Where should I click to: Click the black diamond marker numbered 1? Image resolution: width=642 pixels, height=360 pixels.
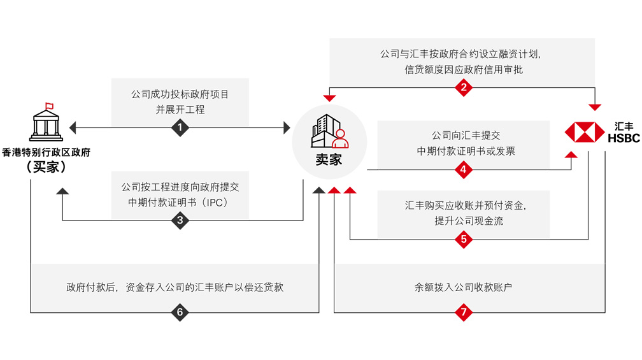(x=180, y=128)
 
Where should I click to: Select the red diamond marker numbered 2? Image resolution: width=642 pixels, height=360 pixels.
(x=464, y=87)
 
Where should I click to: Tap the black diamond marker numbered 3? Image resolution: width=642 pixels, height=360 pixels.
(x=180, y=220)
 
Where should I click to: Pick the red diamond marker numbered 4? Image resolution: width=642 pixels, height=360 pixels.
(x=464, y=169)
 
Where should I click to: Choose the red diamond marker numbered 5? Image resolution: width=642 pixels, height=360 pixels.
(x=464, y=240)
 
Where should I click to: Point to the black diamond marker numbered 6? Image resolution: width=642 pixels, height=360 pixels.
(x=180, y=312)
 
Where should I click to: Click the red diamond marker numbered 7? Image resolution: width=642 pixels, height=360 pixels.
(x=464, y=312)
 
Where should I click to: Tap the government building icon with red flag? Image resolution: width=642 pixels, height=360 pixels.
(x=46, y=121)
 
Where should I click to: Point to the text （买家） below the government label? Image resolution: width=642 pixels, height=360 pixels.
(x=46, y=168)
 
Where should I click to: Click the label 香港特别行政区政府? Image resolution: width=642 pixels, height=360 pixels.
(x=46, y=152)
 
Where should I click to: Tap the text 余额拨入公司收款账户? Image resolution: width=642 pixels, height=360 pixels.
(x=464, y=287)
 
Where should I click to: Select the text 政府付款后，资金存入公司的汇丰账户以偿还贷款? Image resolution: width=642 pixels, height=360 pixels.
(x=175, y=287)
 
